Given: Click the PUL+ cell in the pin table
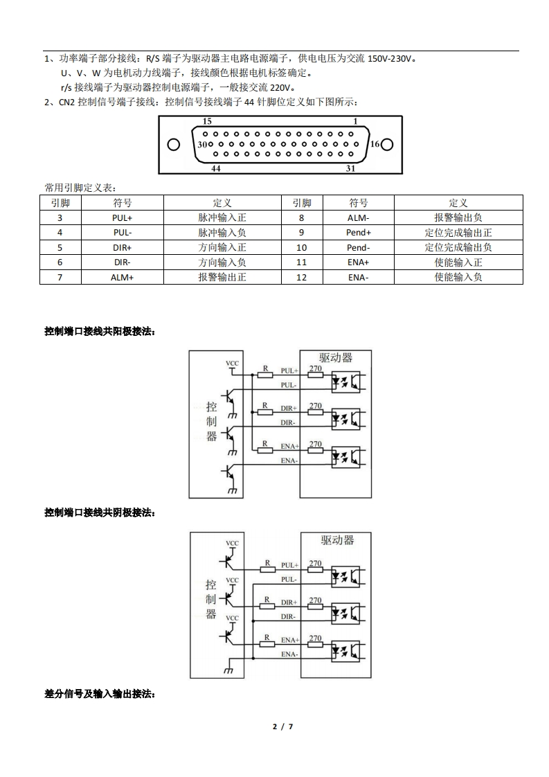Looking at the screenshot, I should (x=122, y=217).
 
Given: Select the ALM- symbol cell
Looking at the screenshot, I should (x=358, y=217).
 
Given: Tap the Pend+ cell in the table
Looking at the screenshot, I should (x=358, y=233).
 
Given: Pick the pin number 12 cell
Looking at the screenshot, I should (x=301, y=277).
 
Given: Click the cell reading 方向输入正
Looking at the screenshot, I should (x=222, y=247).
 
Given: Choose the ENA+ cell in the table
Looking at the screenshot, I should (x=358, y=262).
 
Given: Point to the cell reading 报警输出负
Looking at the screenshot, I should (x=458, y=217).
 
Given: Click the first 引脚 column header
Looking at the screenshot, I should (x=60, y=203).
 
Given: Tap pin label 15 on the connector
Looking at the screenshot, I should (x=207, y=121).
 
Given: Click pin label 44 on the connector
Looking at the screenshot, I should (x=215, y=168).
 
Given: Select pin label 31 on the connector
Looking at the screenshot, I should (x=350, y=168).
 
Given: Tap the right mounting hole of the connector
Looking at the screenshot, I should (x=387, y=145).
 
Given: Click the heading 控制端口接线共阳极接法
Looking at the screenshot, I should (x=99, y=332).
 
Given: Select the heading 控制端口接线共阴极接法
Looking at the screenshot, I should (x=99, y=512).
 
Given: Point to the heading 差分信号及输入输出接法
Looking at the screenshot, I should (x=99, y=693).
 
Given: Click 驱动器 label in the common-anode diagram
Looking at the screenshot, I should (x=336, y=357).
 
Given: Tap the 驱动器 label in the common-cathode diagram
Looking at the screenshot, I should (x=337, y=539).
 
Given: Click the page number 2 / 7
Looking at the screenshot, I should (x=282, y=726).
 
